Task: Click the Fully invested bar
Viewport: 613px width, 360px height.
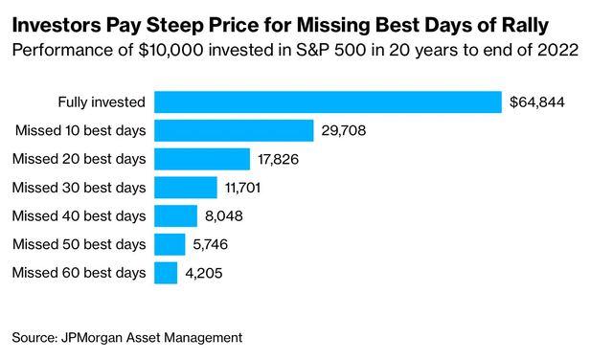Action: click(x=328, y=102)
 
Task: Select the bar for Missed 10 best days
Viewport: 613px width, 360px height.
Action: click(x=234, y=130)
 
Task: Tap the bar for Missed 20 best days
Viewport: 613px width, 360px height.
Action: click(x=202, y=159)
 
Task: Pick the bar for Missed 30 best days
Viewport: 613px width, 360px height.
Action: click(x=186, y=188)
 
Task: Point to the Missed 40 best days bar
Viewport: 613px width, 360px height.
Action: click(x=175, y=215)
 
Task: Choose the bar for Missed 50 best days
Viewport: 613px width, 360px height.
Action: click(x=170, y=244)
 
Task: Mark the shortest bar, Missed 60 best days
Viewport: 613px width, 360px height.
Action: click(x=166, y=273)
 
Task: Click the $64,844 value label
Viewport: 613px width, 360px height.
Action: click(x=537, y=102)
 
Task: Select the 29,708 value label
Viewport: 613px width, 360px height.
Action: click(x=344, y=130)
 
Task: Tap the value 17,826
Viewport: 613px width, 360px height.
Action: click(x=278, y=160)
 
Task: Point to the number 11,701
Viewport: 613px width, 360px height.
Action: click(x=242, y=188)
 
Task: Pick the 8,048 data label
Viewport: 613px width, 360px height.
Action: click(x=224, y=216)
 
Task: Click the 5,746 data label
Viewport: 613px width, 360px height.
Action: click(x=211, y=245)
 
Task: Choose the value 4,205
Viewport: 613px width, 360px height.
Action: click(x=204, y=273)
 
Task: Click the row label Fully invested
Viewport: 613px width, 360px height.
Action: click(x=102, y=102)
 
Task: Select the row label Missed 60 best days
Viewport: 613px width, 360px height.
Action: click(x=79, y=273)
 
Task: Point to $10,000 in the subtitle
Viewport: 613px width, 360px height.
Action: click(x=170, y=51)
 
